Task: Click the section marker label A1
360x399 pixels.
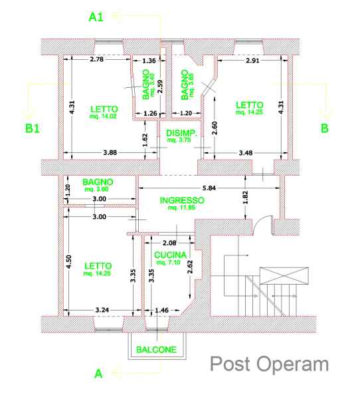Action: pyautogui.click(x=96, y=17)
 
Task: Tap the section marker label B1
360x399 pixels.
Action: pyautogui.click(x=33, y=128)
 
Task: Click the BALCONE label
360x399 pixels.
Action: pyautogui.click(x=156, y=349)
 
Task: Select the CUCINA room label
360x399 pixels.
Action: pyautogui.click(x=170, y=255)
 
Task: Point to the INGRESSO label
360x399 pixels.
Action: pyautogui.click(x=182, y=200)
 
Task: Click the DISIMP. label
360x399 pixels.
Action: pyautogui.click(x=181, y=133)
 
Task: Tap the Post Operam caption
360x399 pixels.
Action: pyautogui.click(x=269, y=364)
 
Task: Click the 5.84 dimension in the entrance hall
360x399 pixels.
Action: pyautogui.click(x=209, y=188)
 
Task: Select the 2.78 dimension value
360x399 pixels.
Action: pyautogui.click(x=96, y=59)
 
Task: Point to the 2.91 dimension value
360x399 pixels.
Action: pyautogui.click(x=252, y=61)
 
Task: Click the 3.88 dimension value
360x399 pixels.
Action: pyautogui.click(x=110, y=153)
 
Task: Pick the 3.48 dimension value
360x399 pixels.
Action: pyautogui.click(x=246, y=153)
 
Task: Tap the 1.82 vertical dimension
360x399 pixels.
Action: pyautogui.click(x=245, y=198)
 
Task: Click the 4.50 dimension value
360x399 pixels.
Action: pyautogui.click(x=68, y=261)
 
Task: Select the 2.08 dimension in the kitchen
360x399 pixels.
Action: pyautogui.click(x=169, y=243)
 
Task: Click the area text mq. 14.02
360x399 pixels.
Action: pyautogui.click(x=103, y=116)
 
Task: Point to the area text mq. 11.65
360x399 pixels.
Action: pyautogui.click(x=181, y=207)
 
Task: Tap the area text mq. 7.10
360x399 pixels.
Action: pyautogui.click(x=168, y=262)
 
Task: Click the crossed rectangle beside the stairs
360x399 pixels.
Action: pyautogui.click(x=284, y=275)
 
